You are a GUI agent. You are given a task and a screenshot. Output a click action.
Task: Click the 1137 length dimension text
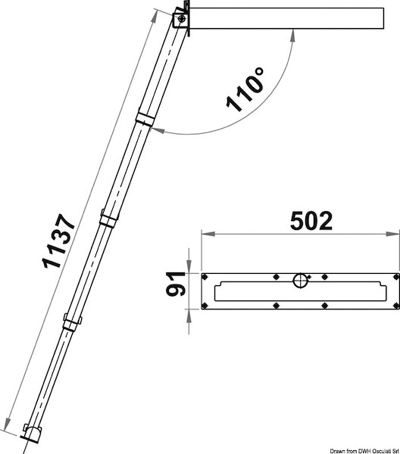[x=59, y=241]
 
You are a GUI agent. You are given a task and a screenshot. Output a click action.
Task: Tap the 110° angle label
[x=245, y=89]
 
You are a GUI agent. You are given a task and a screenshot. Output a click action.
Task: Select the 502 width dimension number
[x=311, y=221]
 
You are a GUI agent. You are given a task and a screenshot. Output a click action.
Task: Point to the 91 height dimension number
[x=176, y=284]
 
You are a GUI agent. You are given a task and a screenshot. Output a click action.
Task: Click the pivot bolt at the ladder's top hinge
[x=182, y=20]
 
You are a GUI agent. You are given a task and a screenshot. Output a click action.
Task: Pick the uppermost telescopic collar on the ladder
[x=145, y=120]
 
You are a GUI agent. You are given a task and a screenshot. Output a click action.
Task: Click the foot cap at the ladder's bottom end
[x=32, y=434]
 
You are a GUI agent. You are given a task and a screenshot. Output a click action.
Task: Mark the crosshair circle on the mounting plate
[x=300, y=280]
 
